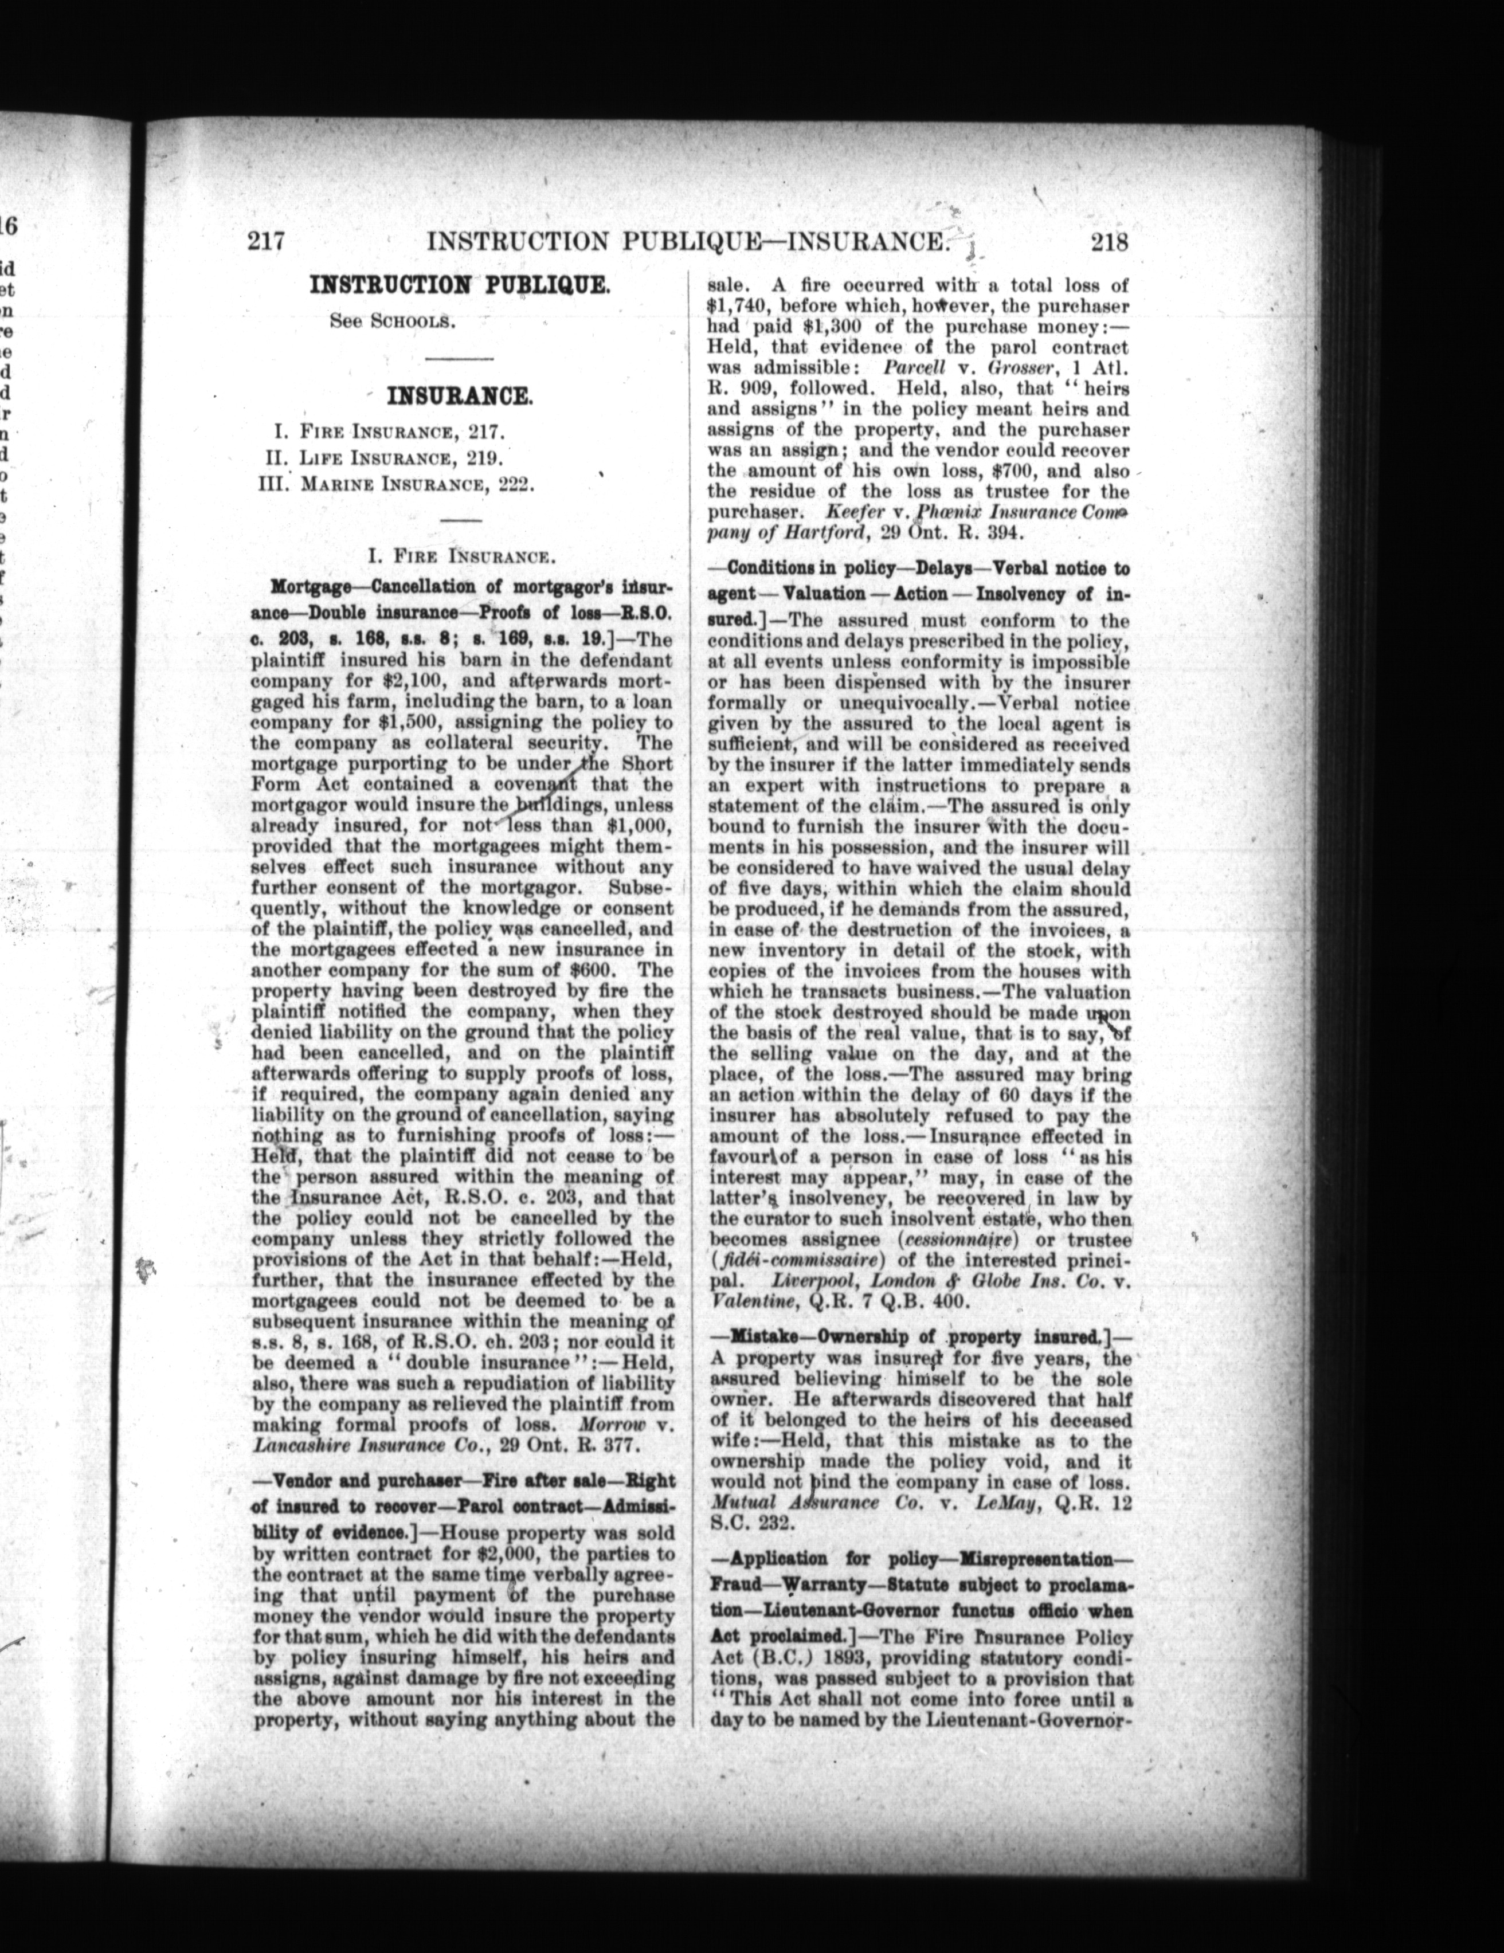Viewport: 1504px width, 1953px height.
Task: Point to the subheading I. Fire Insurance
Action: [x=458, y=556]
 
